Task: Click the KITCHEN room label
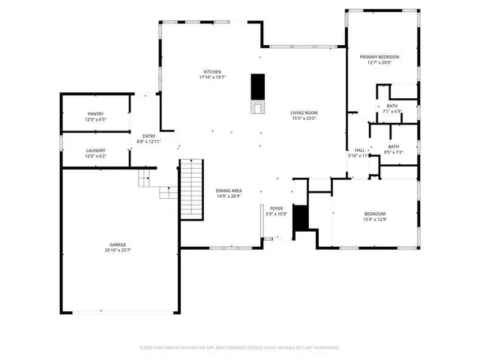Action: pos(213,71)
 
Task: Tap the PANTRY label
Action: pos(95,114)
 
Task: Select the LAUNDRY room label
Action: pos(95,150)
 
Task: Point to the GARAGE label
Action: pos(118,244)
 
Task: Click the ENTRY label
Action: pos(148,136)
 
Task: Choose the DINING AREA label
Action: pos(229,190)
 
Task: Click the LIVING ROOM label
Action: pos(304,113)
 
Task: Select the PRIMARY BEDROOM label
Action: pos(379,57)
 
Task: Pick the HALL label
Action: pos(360,150)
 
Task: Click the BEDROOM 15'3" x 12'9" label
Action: pos(374,214)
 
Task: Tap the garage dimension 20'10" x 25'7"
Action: pos(118,250)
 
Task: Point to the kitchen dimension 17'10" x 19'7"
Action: pos(213,77)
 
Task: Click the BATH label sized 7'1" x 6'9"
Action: pos(392,106)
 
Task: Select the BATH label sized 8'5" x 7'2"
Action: pos(394,146)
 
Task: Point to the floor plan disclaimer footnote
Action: pos(240,348)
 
